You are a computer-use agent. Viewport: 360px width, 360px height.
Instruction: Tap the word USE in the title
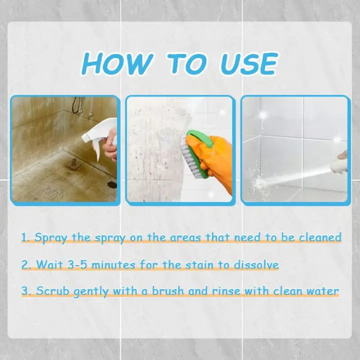248,64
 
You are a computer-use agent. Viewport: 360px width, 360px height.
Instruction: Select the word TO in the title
186,64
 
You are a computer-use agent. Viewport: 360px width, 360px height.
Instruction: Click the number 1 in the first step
25,237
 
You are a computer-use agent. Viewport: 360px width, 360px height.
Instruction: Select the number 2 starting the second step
25,264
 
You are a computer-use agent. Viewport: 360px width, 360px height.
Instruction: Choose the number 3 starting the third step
25,290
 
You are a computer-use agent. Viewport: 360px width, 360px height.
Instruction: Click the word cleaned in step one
320,237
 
